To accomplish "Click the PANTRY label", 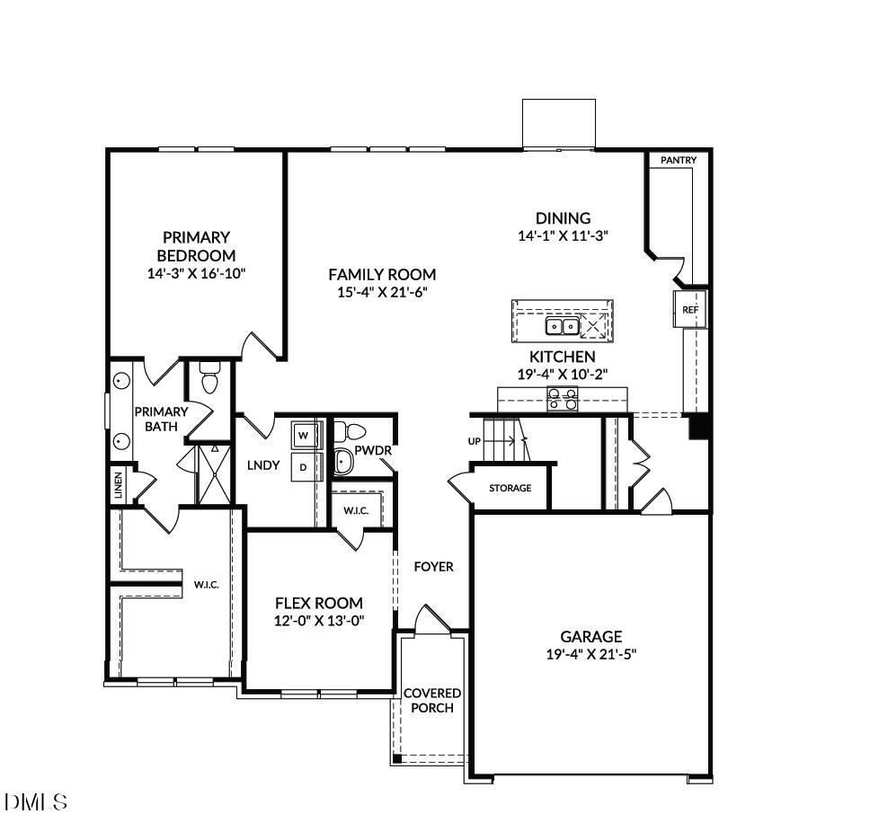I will click(x=679, y=160).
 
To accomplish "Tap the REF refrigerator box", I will click(x=689, y=309).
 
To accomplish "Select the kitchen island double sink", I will click(x=563, y=324).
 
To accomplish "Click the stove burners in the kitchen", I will click(x=564, y=398).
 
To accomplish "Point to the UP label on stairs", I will click(x=475, y=441).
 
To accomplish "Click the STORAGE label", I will click(x=510, y=488).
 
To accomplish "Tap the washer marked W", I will click(x=303, y=436).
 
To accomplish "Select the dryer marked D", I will click(x=303, y=467).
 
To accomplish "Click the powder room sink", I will click(x=342, y=462).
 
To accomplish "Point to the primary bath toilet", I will click(x=209, y=381).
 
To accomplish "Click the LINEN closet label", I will click(x=118, y=486).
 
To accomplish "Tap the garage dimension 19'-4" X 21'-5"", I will click(x=591, y=655).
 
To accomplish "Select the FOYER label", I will click(x=433, y=567).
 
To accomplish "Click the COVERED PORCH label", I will click(x=431, y=701).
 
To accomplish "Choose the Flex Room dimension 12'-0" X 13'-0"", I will click(x=319, y=621).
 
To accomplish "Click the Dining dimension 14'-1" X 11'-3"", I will click(x=564, y=236).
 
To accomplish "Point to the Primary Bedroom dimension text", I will click(x=196, y=273).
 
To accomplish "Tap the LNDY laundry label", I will click(x=263, y=465).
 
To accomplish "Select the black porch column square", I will click(x=396, y=758).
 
